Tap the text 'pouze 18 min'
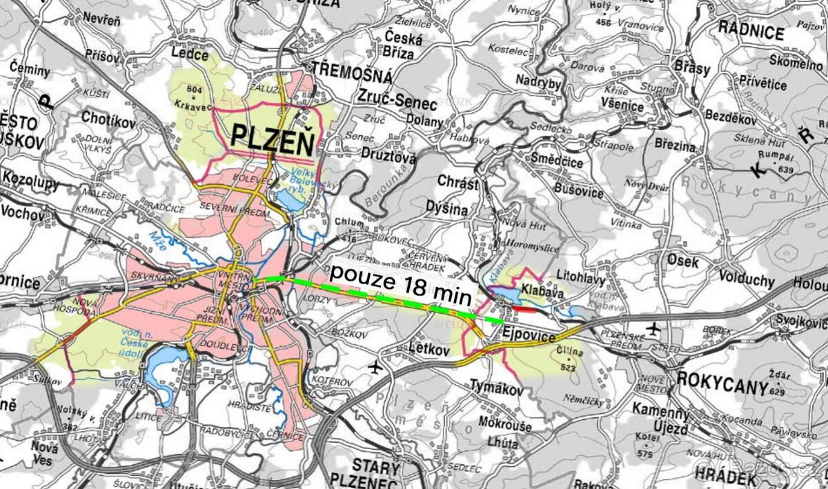tap(400, 284)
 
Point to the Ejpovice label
tap(529, 335)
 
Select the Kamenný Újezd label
tap(660, 421)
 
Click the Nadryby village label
tap(538, 81)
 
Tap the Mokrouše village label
tap(504, 426)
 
